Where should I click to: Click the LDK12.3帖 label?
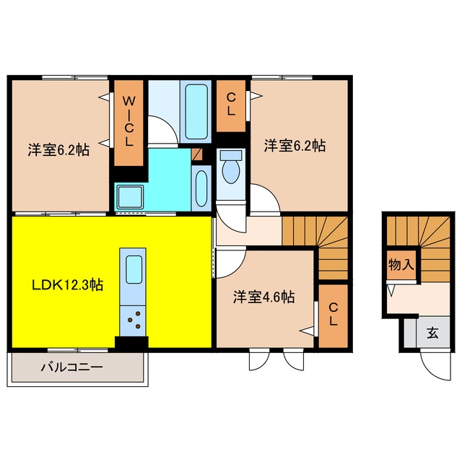click(x=67, y=284)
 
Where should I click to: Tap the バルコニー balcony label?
click(x=72, y=367)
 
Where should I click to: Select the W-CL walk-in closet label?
click(x=128, y=122)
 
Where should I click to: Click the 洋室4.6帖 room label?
click(x=263, y=297)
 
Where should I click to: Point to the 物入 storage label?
click(x=401, y=264)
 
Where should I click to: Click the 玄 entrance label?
click(x=432, y=334)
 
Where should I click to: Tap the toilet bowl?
click(x=231, y=172)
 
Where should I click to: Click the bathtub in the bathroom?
click(x=196, y=112)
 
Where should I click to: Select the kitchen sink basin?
click(x=134, y=269)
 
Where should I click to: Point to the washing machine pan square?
click(x=131, y=197)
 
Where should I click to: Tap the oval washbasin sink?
click(x=201, y=188)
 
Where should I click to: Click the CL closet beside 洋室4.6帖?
click(x=334, y=315)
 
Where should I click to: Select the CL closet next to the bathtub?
click(x=231, y=106)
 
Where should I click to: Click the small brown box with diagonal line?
click(x=197, y=154)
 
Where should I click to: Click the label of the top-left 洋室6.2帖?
click(x=58, y=150)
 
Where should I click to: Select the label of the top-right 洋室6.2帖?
click(x=295, y=146)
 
